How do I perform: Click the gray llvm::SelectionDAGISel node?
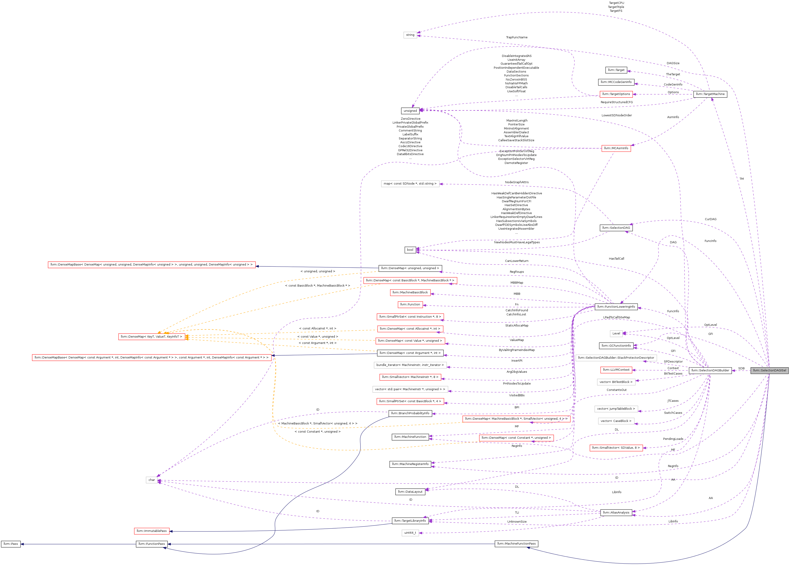(x=769, y=370)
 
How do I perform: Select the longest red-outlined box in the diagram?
(x=152, y=358)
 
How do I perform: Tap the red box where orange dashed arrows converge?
(x=152, y=337)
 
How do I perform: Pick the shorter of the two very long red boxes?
(x=152, y=265)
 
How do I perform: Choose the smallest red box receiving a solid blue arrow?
(x=152, y=531)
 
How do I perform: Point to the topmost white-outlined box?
(x=410, y=35)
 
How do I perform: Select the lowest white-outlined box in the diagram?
(x=410, y=533)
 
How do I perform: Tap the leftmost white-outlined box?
(x=152, y=480)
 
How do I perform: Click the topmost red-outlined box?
(x=616, y=94)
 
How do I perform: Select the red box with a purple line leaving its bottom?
(x=616, y=149)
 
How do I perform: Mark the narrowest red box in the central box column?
(x=410, y=305)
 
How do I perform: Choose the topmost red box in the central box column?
(x=410, y=280)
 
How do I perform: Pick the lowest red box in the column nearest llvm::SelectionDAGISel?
(x=616, y=448)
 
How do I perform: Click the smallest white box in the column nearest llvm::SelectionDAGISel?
(x=616, y=334)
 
